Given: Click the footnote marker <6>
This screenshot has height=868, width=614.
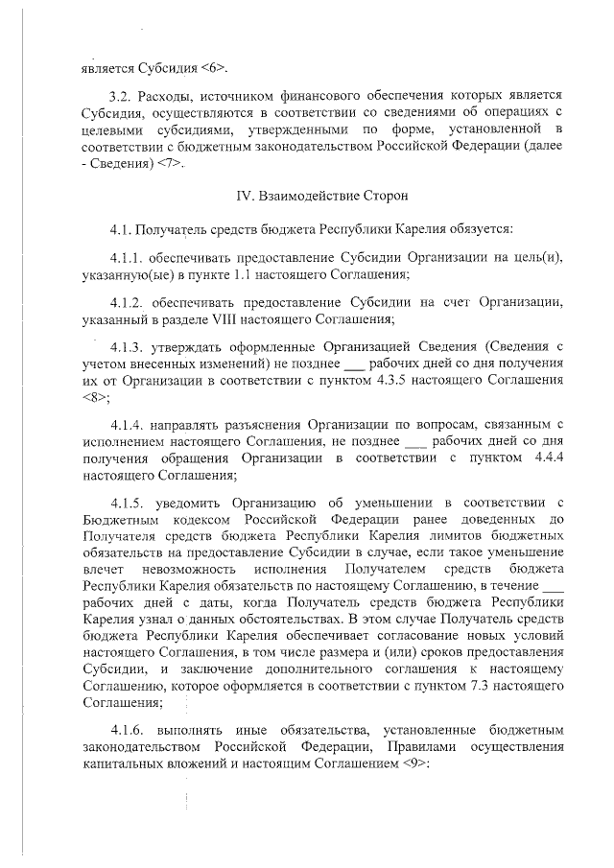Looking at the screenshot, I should (x=215, y=68).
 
